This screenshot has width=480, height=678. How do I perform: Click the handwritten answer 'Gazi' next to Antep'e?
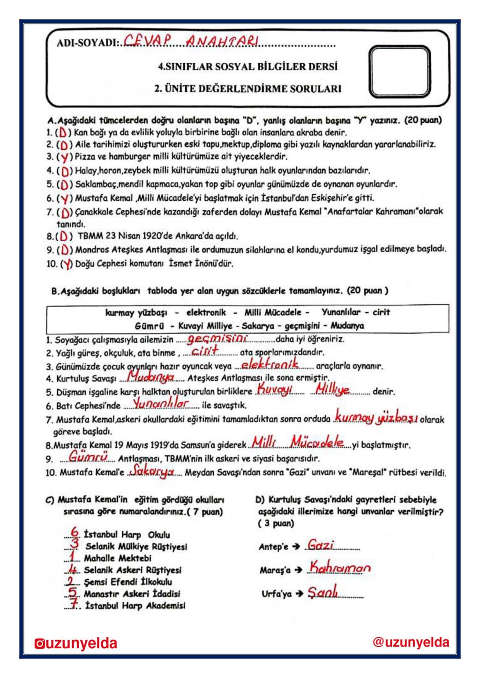click(x=321, y=545)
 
